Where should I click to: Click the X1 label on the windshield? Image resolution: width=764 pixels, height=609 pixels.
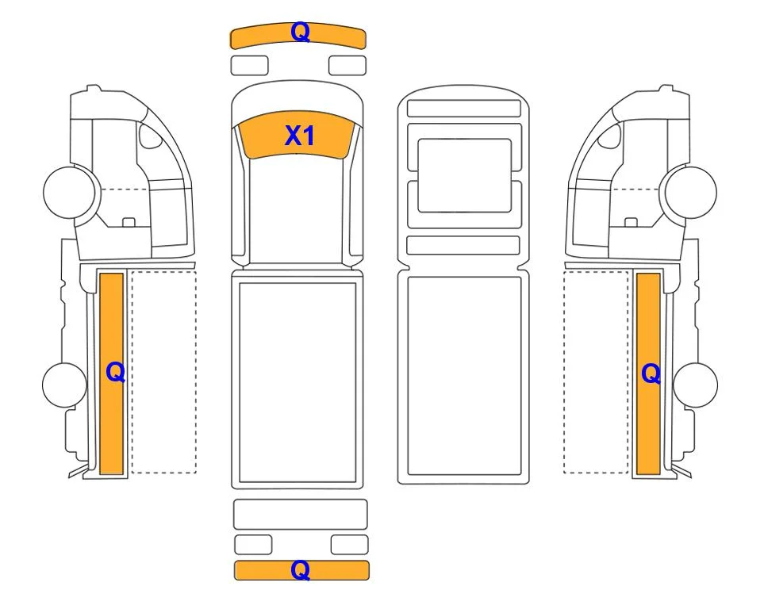click(299, 136)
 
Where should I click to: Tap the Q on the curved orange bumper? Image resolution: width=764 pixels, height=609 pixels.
click(300, 33)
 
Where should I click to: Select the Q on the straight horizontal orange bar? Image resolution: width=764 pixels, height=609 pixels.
click(300, 569)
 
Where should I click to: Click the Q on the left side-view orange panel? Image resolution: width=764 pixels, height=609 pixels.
click(116, 373)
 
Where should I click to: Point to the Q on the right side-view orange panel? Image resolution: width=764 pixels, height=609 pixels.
click(651, 374)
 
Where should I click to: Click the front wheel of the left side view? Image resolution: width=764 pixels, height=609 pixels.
click(69, 192)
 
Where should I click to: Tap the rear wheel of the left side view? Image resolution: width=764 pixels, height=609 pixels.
click(64, 385)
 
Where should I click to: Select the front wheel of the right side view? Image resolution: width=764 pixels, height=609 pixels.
click(691, 192)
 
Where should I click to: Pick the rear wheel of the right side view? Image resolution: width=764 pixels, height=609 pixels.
click(695, 385)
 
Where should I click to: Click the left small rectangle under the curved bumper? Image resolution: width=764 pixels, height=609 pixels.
click(249, 66)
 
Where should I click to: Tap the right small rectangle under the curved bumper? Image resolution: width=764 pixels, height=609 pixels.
click(347, 66)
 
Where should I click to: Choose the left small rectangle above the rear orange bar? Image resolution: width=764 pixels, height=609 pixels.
click(253, 545)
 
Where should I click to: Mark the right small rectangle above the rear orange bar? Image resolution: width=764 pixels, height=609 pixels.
click(349, 545)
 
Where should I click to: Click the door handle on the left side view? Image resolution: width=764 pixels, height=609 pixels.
click(129, 222)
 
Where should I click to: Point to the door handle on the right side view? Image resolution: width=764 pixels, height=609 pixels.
click(631, 222)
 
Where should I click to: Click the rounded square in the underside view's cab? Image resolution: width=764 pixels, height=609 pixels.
click(465, 175)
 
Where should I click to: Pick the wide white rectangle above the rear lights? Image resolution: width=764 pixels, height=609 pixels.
click(301, 514)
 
